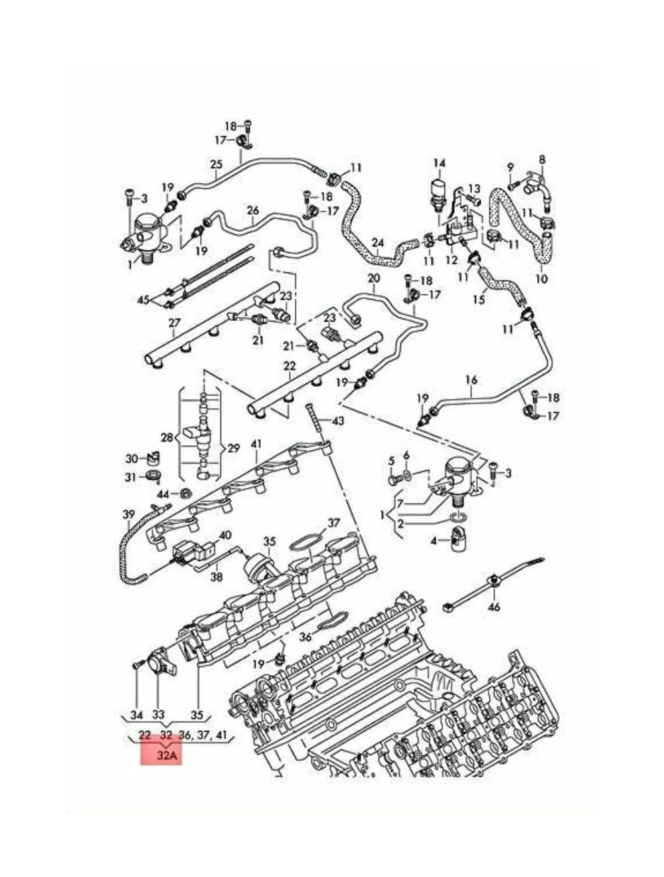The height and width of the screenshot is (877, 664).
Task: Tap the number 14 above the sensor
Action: coord(439,163)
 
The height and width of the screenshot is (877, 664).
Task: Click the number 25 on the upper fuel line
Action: coord(216,164)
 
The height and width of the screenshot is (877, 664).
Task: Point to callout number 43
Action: coord(338,421)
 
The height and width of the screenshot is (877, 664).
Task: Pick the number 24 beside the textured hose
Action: coord(377,243)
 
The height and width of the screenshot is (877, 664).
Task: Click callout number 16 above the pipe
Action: coord(471,379)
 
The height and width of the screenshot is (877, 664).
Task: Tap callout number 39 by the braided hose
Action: coord(129,514)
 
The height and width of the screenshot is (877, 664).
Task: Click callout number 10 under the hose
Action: coord(541,279)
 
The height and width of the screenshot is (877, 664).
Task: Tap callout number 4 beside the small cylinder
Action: coord(434,541)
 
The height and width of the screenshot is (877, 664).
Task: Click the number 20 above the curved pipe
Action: coord(374,278)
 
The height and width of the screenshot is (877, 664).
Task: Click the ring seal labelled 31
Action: coord(153,476)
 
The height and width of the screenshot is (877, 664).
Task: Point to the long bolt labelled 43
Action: coord(315,421)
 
